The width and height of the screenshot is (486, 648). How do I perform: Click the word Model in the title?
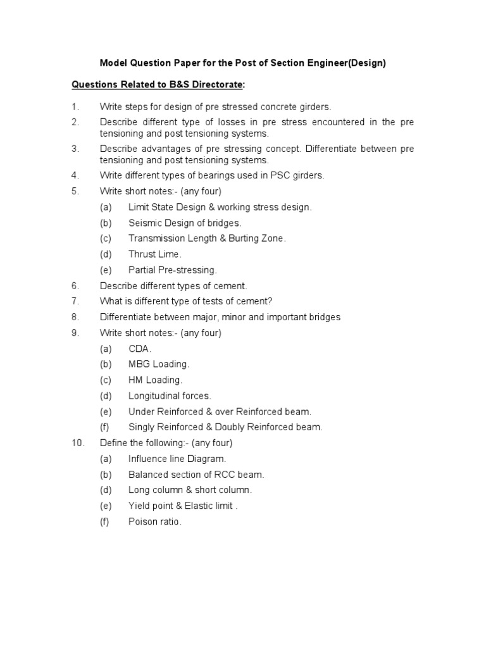114,63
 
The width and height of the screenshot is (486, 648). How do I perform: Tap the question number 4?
75,175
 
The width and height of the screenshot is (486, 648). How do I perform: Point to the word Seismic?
145,223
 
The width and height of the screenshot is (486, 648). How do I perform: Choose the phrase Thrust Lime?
154,254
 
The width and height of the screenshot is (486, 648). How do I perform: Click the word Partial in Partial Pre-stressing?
142,270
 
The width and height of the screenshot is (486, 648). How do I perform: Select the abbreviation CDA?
139,349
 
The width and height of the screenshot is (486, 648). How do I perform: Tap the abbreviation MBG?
139,364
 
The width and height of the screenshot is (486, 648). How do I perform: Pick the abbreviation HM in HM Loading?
135,380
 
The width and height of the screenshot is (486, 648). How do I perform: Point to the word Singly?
142,427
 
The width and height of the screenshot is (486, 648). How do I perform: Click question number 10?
77,443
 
